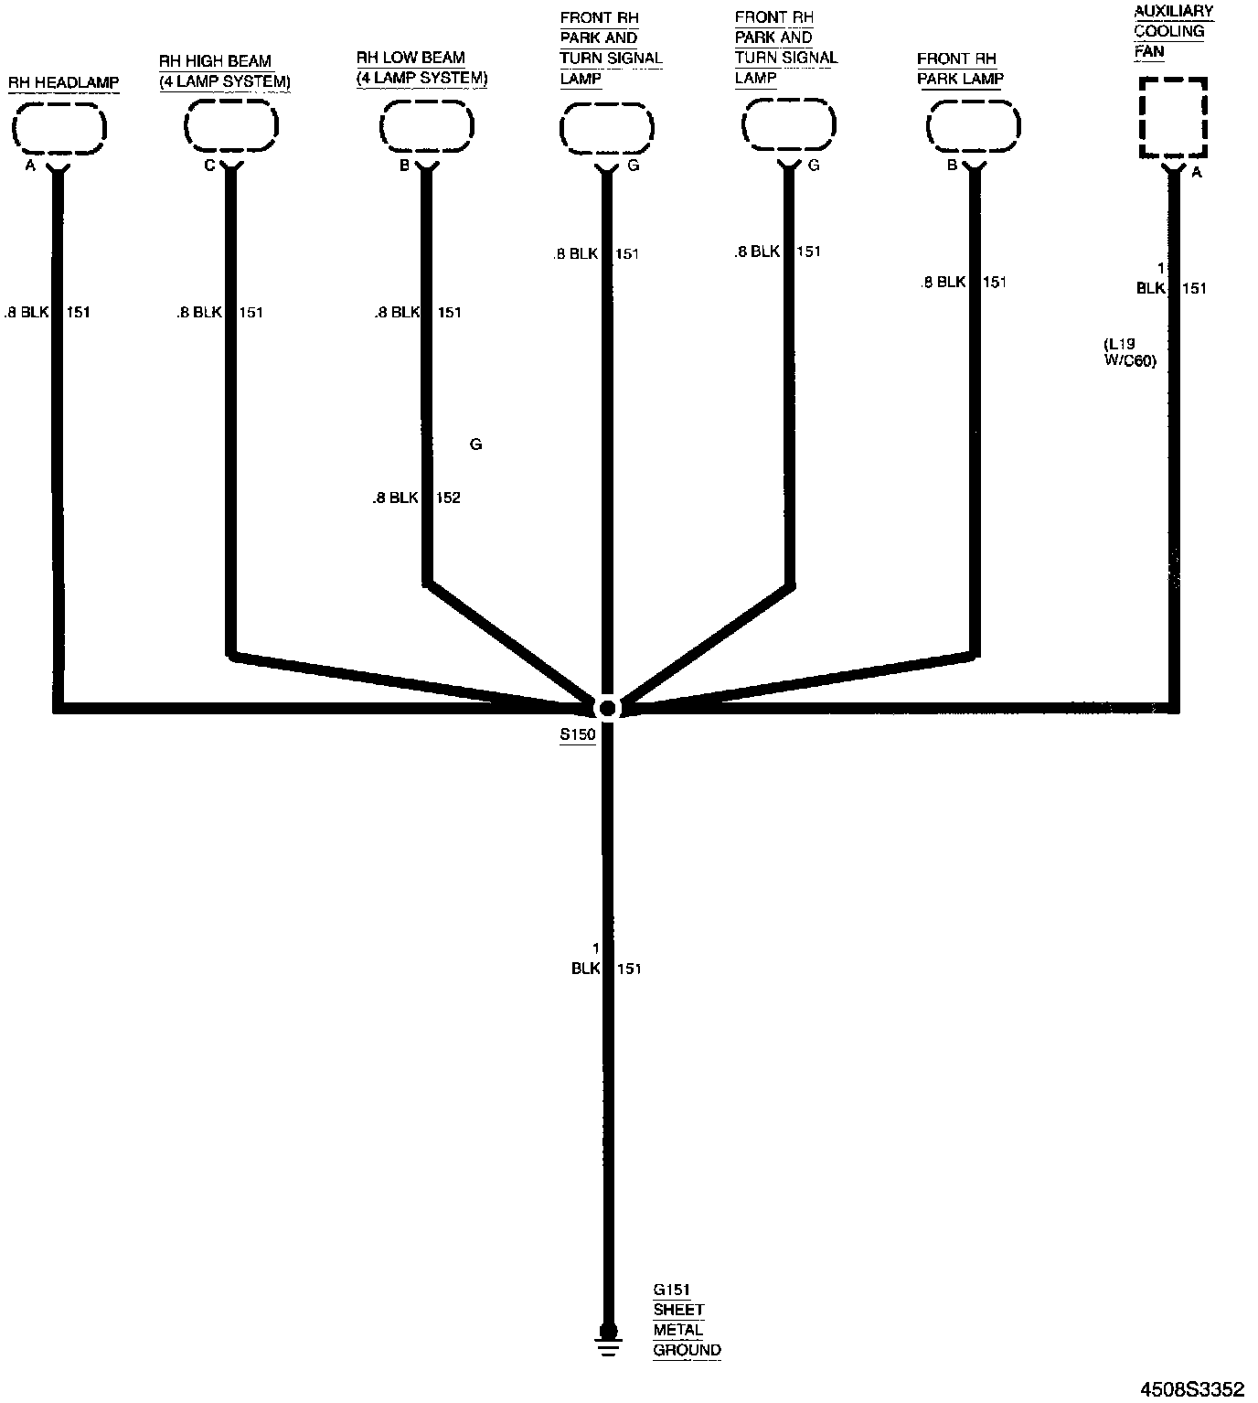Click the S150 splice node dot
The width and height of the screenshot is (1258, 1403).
607,707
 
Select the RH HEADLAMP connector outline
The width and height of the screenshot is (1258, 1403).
59,127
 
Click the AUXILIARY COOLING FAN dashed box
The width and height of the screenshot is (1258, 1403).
1173,118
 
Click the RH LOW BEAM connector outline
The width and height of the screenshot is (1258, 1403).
426,127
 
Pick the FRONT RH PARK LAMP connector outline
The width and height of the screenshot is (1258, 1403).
973,127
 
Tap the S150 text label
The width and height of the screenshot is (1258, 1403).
578,734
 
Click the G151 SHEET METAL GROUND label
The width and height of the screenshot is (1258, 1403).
687,1320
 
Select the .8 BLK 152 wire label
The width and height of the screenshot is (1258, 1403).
416,498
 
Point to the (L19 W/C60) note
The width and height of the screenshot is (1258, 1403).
1130,352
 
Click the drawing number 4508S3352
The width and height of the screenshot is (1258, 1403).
1191,1389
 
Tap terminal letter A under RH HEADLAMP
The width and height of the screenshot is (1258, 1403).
31,166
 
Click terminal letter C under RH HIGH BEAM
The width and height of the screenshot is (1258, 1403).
209,166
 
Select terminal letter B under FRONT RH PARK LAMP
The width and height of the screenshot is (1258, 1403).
952,166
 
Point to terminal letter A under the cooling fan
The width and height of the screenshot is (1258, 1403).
1197,172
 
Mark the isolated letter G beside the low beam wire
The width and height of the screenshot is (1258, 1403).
475,444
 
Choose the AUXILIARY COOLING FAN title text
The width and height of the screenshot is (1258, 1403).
1173,31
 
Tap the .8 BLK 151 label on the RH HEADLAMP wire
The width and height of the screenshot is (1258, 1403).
48,313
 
